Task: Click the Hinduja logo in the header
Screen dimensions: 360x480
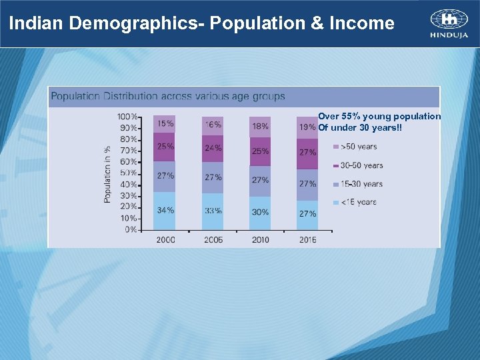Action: (449, 24)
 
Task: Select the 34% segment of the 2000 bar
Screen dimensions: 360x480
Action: (165, 210)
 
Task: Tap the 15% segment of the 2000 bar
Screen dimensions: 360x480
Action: (165, 123)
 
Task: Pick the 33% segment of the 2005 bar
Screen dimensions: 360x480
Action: (213, 211)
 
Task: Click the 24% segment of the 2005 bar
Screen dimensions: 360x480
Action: (213, 148)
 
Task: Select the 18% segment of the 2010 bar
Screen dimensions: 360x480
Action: (260, 126)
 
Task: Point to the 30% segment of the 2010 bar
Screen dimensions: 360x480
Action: (260, 212)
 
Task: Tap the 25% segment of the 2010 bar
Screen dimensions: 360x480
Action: (260, 151)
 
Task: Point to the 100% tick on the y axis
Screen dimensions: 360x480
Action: (127, 117)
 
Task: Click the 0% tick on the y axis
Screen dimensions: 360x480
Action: (131, 229)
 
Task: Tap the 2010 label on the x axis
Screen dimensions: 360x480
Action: (260, 239)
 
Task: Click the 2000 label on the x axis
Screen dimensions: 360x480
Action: (165, 239)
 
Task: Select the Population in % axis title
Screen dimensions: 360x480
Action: (107, 174)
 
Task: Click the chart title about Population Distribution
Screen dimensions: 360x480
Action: (168, 97)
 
